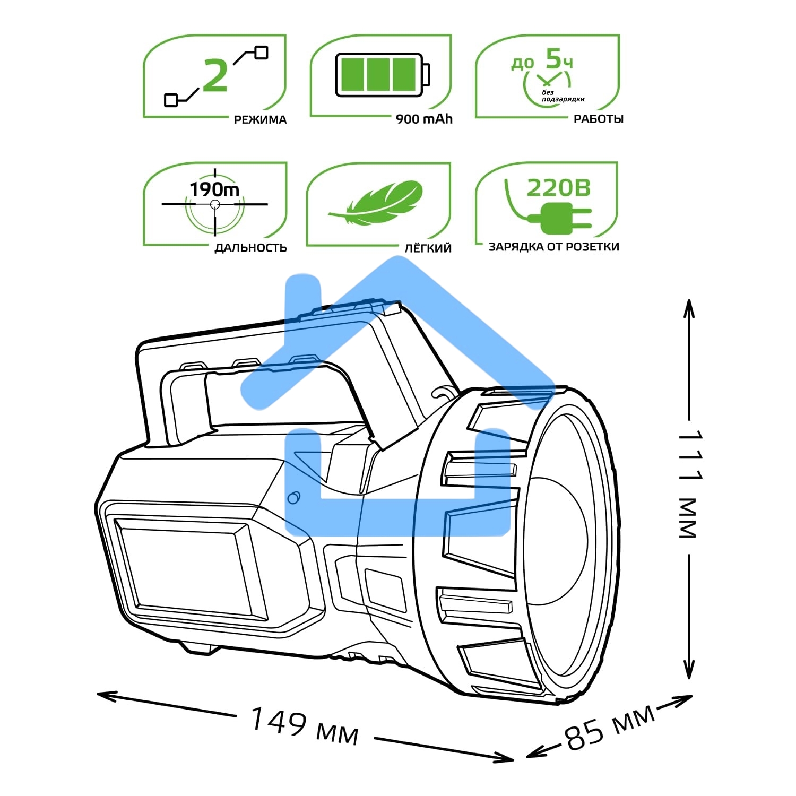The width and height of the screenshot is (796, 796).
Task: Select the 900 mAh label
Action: click(x=424, y=119)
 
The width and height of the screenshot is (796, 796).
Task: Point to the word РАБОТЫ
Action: click(x=598, y=119)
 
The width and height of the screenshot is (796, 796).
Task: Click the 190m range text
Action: click(x=214, y=189)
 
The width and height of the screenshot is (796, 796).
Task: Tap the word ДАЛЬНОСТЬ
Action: click(x=250, y=248)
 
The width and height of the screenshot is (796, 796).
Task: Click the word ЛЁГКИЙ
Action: click(x=428, y=248)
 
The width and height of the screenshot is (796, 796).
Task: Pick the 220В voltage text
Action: click(x=558, y=188)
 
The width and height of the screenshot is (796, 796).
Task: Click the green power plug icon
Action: click(x=563, y=218)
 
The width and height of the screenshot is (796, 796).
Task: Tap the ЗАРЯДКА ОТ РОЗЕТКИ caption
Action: click(x=553, y=247)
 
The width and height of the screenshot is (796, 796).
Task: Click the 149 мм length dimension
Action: click(x=304, y=725)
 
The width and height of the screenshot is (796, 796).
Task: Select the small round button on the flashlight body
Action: click(x=293, y=497)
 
